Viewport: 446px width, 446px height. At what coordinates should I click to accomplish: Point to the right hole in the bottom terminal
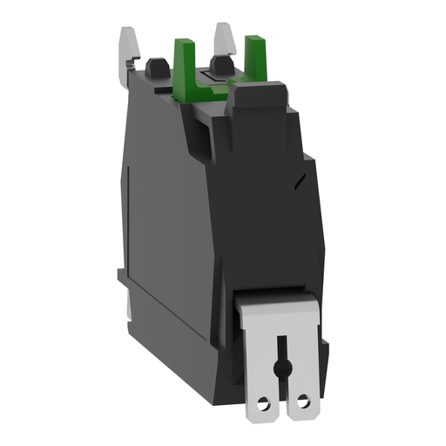(x=303, y=381)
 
